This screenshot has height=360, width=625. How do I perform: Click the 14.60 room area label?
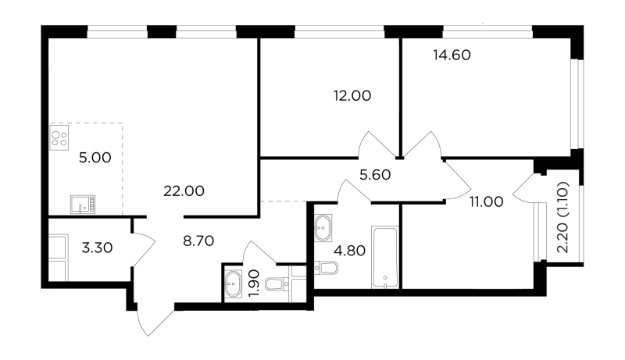452,55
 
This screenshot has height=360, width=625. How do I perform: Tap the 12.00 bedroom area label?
352,95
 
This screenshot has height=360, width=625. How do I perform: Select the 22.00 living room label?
184,191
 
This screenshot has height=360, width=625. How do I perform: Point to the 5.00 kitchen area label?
95,158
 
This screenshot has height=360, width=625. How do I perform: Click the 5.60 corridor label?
375,174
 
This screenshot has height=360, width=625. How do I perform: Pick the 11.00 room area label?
486,202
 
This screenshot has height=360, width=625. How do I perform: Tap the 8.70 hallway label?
198,241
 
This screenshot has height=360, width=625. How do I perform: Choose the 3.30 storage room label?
97,248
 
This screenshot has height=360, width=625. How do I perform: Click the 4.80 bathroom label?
349,251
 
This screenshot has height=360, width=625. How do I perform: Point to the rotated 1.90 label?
253,283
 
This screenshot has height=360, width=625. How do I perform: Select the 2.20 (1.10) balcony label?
562,217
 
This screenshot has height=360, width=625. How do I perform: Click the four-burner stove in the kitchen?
59,137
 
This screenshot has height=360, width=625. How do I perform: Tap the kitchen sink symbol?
83,205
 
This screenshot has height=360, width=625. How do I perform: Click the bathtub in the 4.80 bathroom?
384,257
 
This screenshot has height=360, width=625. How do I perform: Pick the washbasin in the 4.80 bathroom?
323,228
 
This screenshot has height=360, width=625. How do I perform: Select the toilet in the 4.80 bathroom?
326,268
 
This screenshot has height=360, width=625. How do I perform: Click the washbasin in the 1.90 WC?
232,284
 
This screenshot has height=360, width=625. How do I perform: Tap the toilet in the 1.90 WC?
278,284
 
